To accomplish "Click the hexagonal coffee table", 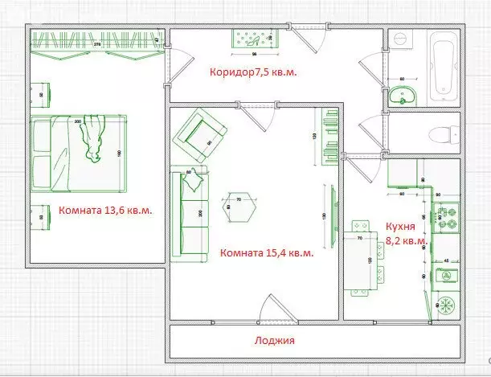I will point(238,208).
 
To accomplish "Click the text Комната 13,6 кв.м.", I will point(105,211).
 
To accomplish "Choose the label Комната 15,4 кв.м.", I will point(266,253).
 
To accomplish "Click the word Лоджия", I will point(273,341).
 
